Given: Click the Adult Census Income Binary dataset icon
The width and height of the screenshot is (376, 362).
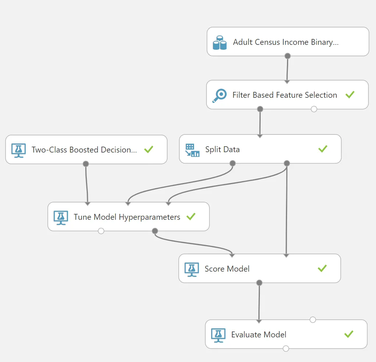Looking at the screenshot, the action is point(220,43).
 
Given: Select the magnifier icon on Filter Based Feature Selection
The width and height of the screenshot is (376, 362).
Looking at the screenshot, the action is point(220,96).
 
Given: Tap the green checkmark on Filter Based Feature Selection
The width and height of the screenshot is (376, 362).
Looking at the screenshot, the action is point(350,94).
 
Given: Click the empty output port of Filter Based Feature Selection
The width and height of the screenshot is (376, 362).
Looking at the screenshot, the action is point(314,109).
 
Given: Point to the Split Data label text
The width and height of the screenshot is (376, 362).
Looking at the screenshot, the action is point(222,149).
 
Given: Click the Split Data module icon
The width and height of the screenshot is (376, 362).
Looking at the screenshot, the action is point(192,150).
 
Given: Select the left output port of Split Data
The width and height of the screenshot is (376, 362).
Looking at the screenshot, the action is point(232,163).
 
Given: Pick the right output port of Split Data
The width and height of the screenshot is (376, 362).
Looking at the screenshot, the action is point(287,163).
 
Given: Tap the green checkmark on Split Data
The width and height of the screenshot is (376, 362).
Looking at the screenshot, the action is point(323,148).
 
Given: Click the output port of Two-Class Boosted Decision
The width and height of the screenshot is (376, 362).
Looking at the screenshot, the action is point(86,164).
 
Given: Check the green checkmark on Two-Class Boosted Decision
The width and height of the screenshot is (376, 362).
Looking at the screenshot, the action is point(149,149).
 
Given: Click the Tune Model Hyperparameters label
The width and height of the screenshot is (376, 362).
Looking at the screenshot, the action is point(127,217).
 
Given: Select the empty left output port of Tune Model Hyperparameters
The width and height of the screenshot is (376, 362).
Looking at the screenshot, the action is point(101,231).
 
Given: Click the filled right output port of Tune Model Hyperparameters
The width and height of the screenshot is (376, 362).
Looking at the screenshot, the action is point(155,231).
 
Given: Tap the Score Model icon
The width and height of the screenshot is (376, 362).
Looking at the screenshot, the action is point(191,269).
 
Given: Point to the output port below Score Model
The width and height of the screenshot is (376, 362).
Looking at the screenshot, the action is point(259,283).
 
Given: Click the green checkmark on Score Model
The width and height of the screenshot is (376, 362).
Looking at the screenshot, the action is point(322,268).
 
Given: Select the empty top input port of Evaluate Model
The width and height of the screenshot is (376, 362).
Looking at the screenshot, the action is point(313,320).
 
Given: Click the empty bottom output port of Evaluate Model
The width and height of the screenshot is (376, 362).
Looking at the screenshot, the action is point(286,348).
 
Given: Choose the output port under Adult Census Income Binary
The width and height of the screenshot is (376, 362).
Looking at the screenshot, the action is point(287,56).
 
